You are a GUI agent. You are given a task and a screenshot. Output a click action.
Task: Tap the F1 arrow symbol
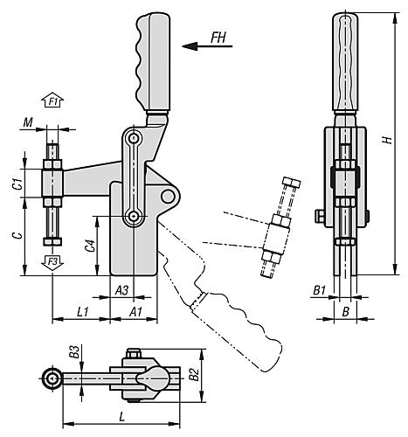point(53,103)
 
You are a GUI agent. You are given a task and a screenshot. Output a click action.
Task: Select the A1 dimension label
point(135,311)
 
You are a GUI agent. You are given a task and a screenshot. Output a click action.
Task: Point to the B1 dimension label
point(319,288)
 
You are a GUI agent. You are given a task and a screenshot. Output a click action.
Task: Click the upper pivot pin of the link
point(133,140)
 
